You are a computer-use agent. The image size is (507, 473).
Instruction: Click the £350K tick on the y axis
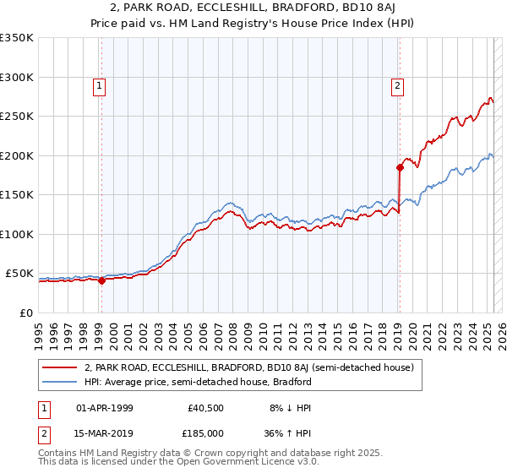(17, 38)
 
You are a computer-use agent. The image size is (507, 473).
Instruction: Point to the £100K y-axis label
(17, 234)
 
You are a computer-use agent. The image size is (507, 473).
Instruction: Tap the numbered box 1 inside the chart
(100, 84)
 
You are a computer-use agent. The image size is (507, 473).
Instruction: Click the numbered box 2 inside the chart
(396, 84)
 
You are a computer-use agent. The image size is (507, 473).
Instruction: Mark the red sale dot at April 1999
(101, 281)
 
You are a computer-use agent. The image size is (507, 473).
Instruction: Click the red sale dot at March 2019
(400, 167)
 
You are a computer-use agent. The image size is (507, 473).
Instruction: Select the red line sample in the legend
(59, 368)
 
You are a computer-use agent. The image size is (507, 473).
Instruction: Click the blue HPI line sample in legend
(59, 382)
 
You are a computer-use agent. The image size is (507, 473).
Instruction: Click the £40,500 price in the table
(204, 408)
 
